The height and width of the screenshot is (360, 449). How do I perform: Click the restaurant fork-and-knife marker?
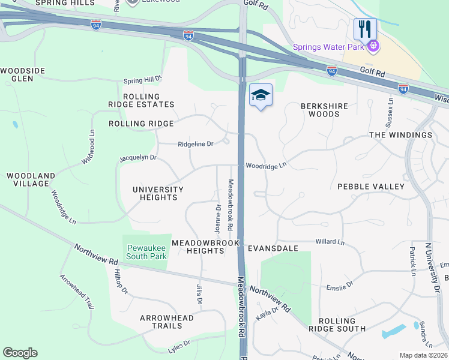pyautogui.click(x=364, y=28)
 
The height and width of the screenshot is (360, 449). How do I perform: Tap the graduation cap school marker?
pyautogui.click(x=261, y=95)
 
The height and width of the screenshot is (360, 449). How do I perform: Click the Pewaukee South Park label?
pyautogui.click(x=146, y=252)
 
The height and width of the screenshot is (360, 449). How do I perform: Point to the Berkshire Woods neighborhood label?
pyautogui.click(x=324, y=110)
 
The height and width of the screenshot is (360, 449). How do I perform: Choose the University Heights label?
pyautogui.click(x=158, y=193)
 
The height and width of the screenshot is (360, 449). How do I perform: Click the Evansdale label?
pyautogui.click(x=273, y=248)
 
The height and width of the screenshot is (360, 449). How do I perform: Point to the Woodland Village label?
pyautogui.click(x=31, y=180)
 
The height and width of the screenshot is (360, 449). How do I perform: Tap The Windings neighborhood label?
pyautogui.click(x=400, y=135)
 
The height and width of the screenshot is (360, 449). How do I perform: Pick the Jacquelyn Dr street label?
pyautogui.click(x=138, y=158)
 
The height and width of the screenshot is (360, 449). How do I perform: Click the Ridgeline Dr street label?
pyautogui.click(x=196, y=144)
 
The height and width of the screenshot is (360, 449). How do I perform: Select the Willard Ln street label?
pyautogui.click(x=330, y=242)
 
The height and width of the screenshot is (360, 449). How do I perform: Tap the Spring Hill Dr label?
pyautogui.click(x=143, y=79)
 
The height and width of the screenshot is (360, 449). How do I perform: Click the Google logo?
pyautogui.click(x=20, y=353)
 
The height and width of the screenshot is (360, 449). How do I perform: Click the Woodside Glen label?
pyautogui.click(x=22, y=74)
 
